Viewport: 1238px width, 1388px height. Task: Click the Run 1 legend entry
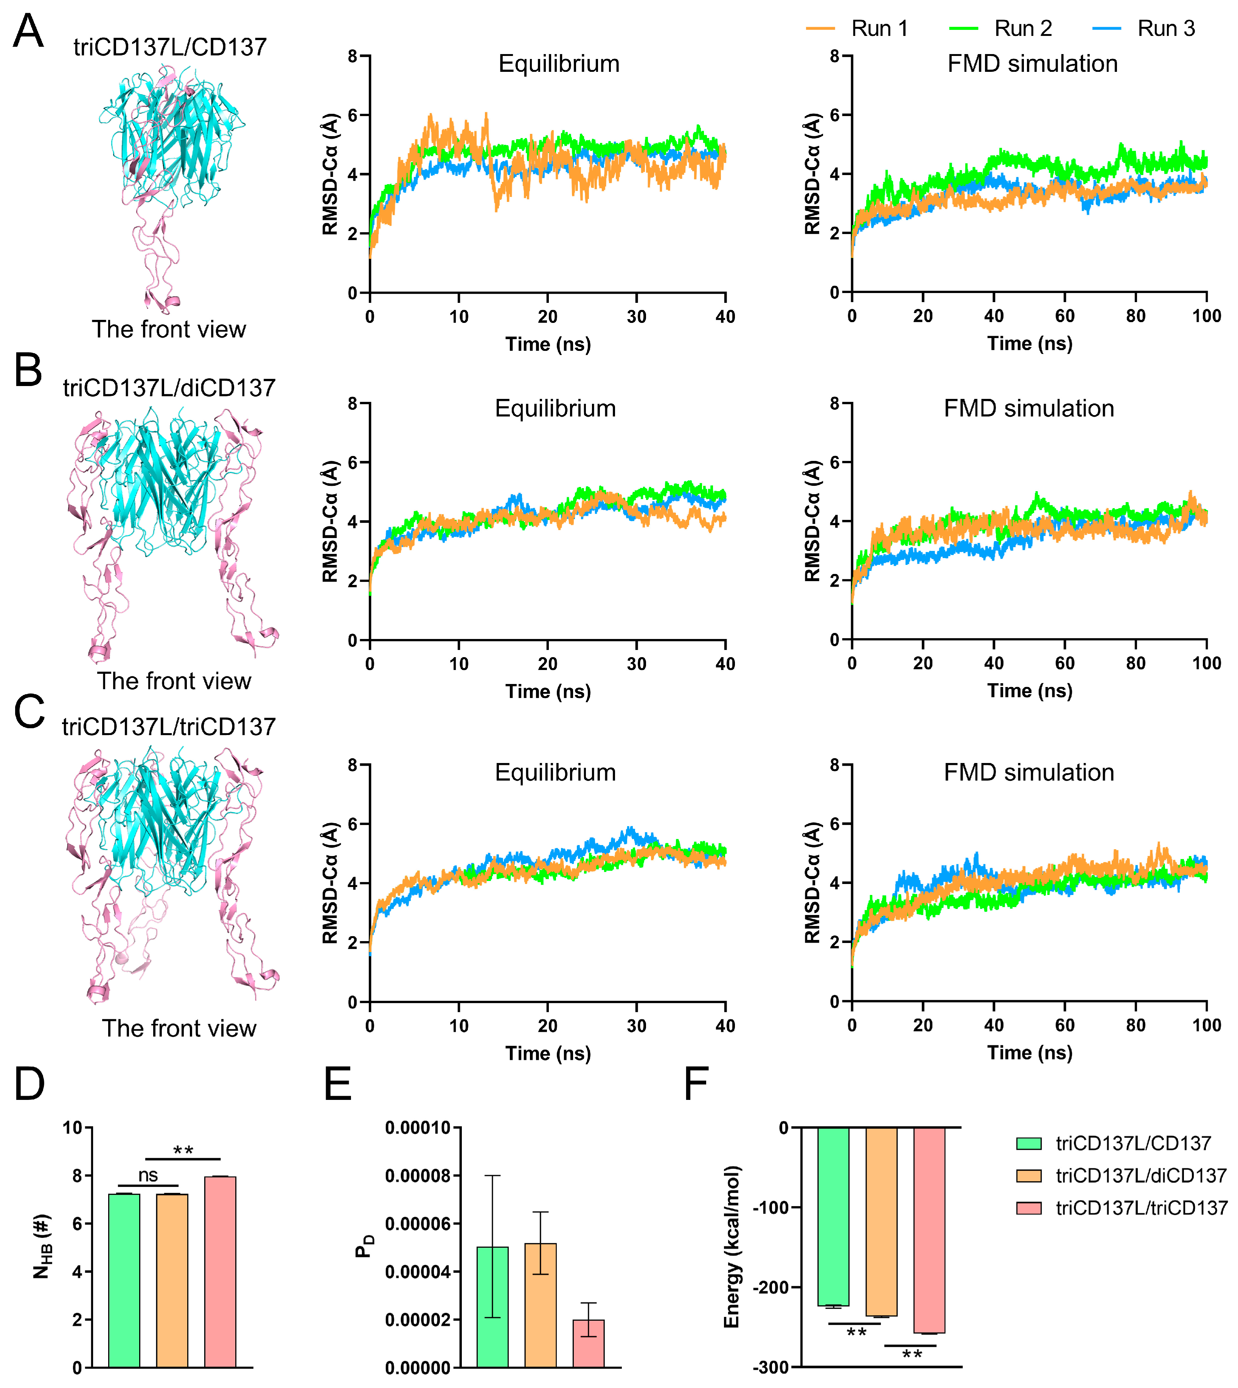[879, 29]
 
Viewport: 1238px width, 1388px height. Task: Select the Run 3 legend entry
[1165, 29]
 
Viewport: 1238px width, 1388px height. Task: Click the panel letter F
[696, 1084]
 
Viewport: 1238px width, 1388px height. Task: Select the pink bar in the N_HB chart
[221, 1272]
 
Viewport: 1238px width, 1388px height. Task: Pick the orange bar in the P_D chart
[541, 1306]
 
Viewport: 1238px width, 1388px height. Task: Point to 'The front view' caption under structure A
[169, 329]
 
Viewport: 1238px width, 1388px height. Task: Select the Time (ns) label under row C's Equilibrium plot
[548, 1053]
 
